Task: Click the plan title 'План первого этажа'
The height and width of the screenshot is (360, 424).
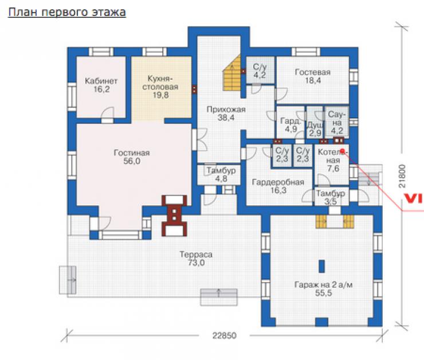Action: [x=67, y=13]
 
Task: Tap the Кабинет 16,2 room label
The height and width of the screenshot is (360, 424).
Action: [x=101, y=85]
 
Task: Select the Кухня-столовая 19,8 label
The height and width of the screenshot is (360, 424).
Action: [x=160, y=87]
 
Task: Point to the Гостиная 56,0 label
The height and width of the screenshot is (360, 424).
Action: [x=132, y=156]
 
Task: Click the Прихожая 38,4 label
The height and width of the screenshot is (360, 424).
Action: [x=226, y=114]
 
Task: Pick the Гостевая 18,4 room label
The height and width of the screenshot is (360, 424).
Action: [x=313, y=76]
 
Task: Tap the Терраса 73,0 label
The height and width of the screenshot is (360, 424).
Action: [x=196, y=259]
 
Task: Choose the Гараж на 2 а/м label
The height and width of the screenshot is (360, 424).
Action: [x=323, y=288]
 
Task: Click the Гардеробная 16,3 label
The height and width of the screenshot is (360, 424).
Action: [x=278, y=186]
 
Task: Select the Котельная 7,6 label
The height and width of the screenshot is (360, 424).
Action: [x=332, y=160]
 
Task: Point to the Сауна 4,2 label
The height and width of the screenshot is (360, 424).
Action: [x=337, y=123]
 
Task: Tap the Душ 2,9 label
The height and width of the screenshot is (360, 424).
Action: [x=315, y=129]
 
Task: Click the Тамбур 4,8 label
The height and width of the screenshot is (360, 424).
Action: [x=221, y=174]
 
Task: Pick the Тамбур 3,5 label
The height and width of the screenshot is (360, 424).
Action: [x=331, y=197]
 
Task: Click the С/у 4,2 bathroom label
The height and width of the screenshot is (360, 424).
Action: [x=260, y=71]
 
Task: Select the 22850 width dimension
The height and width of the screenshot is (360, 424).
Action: [x=224, y=336]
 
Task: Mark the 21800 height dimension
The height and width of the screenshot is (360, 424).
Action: [x=402, y=176]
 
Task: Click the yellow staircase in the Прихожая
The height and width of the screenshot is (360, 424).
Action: [x=231, y=73]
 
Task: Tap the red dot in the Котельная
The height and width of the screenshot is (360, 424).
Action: [x=342, y=151]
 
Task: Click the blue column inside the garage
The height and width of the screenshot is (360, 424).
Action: [x=322, y=266]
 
